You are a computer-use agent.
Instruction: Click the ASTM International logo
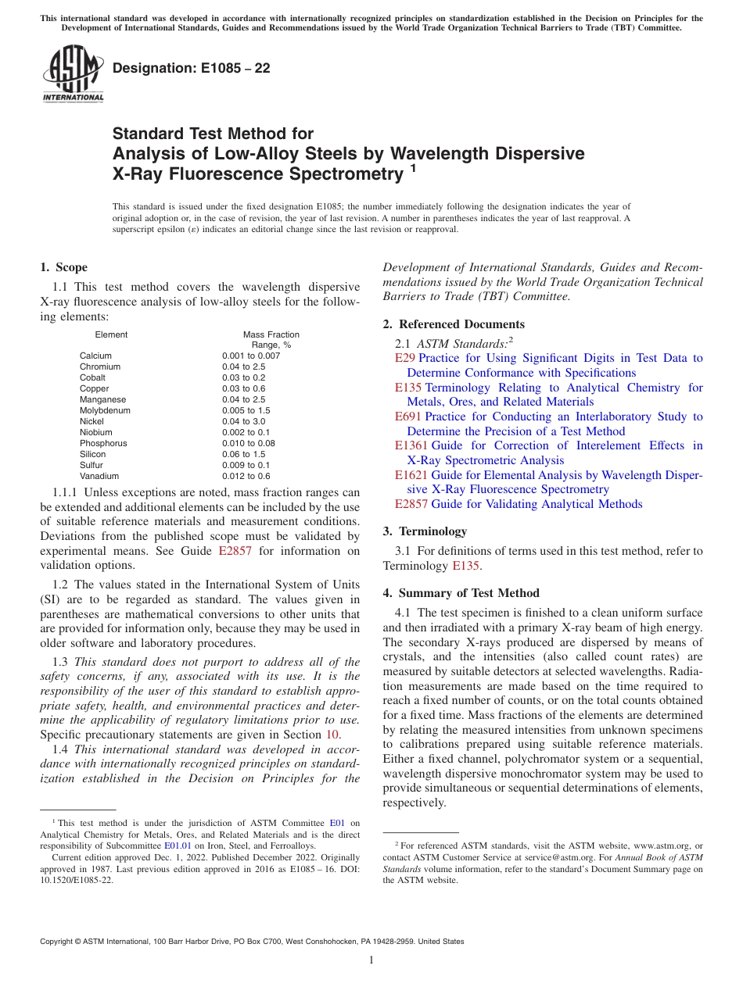point(72,73)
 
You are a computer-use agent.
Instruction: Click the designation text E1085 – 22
point(192,68)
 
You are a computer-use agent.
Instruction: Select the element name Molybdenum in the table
point(105,410)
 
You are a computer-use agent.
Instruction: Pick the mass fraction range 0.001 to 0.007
point(250,356)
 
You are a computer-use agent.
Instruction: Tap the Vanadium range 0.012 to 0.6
point(246,476)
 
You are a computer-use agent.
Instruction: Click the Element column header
point(111,334)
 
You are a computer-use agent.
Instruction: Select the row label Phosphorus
point(103,443)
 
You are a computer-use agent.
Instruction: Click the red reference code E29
point(405,358)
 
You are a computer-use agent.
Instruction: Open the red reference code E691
point(408,417)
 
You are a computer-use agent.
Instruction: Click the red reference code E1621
point(411,475)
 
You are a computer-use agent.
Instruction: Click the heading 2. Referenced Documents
point(454,324)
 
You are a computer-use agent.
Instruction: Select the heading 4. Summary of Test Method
point(461,593)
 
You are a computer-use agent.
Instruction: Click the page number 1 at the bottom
point(371,960)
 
